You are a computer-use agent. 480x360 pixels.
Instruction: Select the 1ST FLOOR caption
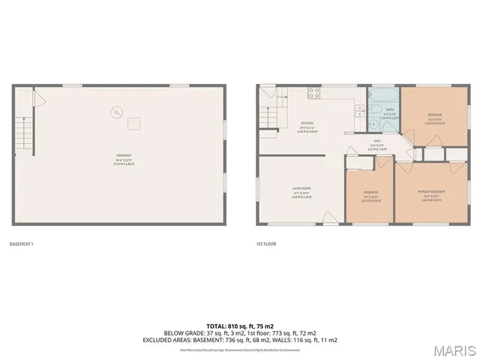pyautogui.click(x=265, y=244)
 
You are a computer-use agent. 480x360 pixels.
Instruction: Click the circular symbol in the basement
pyautogui.click(x=115, y=112)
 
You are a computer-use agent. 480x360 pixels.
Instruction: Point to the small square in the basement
pyautogui.click(x=133, y=122)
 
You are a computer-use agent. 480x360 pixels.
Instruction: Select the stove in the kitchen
pyautogui.click(x=315, y=94)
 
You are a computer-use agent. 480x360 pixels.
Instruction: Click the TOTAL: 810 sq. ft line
pyautogui.click(x=240, y=325)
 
